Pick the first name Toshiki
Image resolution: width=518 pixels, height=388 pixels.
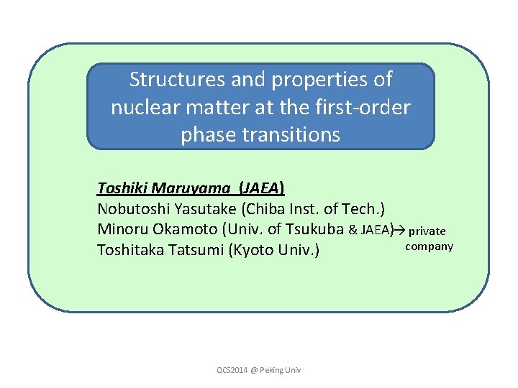(x=123, y=189)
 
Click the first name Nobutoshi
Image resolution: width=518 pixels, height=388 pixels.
(x=132, y=209)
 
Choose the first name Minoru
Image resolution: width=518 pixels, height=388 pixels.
(x=120, y=230)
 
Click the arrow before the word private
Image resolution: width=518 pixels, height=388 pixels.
(x=400, y=230)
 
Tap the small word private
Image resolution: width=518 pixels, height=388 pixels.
(x=427, y=231)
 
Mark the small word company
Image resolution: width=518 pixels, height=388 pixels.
(x=430, y=246)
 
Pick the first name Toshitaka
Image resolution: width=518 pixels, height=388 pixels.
(x=130, y=251)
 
